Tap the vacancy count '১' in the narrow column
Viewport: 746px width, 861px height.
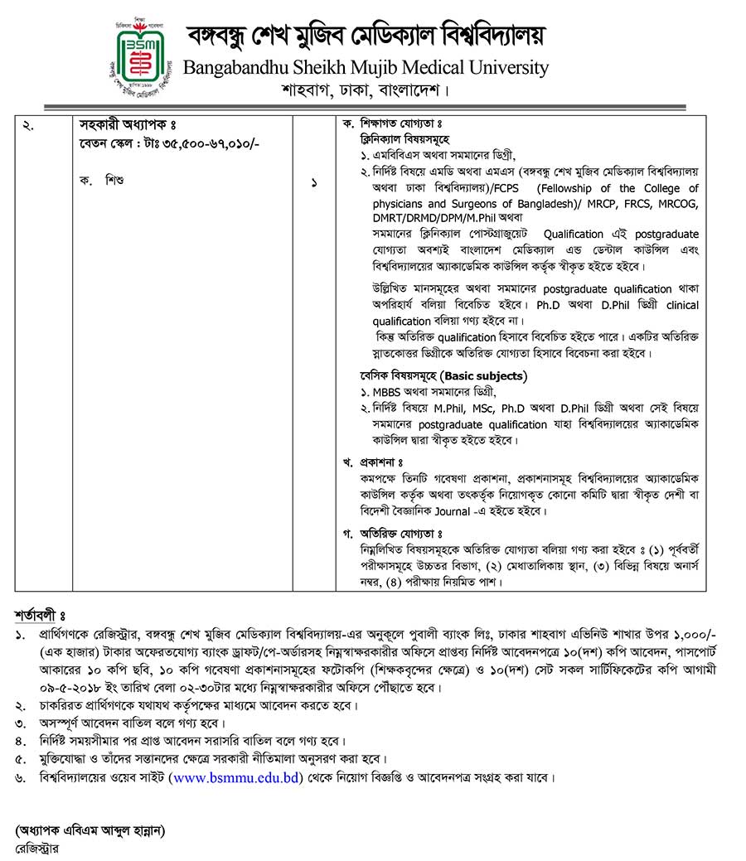[x=314, y=182]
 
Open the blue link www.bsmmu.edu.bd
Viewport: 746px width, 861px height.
[x=235, y=777]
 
